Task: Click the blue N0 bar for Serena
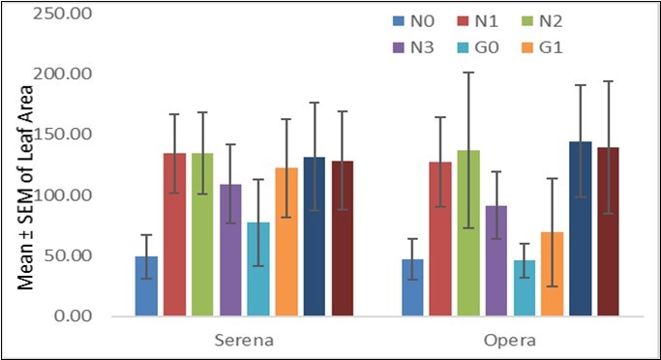pos(146,286)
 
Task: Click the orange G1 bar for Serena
pos(286,242)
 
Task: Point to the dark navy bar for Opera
pos(581,229)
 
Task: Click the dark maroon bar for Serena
pos(343,238)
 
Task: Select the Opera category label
pos(511,342)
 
